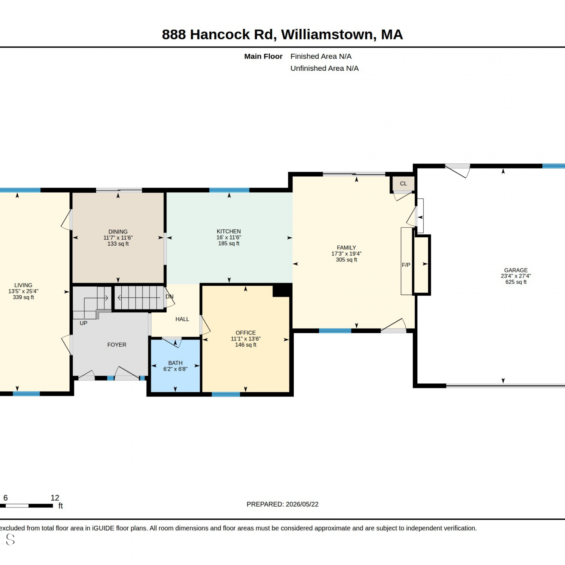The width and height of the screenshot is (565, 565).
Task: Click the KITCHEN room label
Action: [229, 231]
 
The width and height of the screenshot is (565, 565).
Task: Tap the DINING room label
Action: [118, 232]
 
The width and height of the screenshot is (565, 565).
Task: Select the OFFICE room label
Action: [246, 333]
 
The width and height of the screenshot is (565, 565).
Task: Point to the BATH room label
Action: [175, 363]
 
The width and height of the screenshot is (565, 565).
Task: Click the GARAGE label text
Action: [516, 270]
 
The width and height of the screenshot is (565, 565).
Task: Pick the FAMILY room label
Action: [346, 247]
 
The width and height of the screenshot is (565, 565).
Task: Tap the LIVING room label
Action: [23, 285]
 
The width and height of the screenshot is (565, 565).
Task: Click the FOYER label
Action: [117, 345]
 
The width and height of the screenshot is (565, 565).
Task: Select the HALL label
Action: [182, 319]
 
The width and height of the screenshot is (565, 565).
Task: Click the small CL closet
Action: [403, 183]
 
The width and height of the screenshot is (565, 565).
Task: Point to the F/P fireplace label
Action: [406, 265]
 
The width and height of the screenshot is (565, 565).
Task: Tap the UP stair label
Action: [84, 323]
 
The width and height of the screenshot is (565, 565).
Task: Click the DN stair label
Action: [169, 296]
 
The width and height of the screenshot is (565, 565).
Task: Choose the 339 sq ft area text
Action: [23, 297]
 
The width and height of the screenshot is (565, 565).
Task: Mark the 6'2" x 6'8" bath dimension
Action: [175, 369]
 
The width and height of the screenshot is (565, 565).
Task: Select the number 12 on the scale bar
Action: [55, 498]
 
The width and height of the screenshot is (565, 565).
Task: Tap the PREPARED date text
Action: [282, 504]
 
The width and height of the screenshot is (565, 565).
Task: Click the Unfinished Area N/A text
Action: [324, 68]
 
